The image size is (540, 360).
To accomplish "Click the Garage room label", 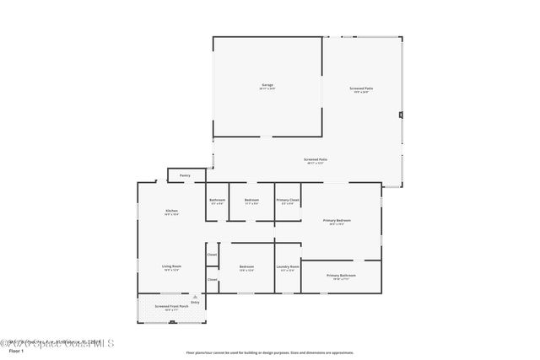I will pos(267,85).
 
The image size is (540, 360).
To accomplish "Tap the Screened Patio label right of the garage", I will pos(363,89).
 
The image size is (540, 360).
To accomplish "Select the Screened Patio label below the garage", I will pos(316,159).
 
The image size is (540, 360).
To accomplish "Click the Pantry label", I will pos(184,175).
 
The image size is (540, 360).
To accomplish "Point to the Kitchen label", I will pos(171,211).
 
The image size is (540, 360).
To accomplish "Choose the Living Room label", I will pos(171,266).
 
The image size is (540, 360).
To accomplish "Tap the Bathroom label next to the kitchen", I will pos(217,200).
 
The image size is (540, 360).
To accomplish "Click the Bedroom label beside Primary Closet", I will pos(251,200).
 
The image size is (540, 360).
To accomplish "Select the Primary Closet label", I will pos(288,200).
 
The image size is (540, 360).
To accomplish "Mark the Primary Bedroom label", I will pos(337,221).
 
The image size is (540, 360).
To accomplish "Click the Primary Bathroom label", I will pos(341,276).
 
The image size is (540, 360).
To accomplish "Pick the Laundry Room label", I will pos(288,267).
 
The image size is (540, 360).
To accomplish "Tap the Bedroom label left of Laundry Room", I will pos(246,267).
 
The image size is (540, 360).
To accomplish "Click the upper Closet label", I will pos(212,255).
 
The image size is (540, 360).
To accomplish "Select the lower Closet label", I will pos(212,280).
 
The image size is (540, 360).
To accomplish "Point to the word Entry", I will pos(195,301).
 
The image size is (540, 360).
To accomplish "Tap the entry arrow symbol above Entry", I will pos(195,296).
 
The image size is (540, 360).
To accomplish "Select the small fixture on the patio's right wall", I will pos(401,115).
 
